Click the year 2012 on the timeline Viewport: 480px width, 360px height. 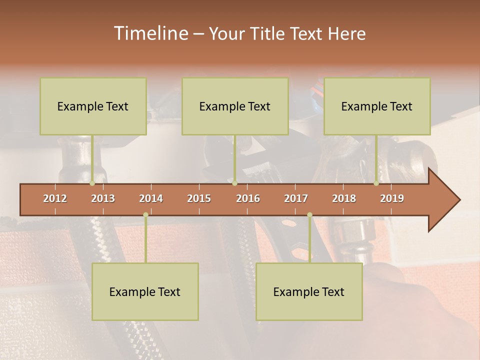pos(55,198)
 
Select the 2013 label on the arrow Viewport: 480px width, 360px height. pos(103,198)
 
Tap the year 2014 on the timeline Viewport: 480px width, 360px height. pos(151,198)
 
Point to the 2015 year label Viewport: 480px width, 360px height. pos(199,198)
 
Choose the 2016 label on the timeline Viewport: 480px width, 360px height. pos(248,198)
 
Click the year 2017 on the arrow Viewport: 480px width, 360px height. pos(296,198)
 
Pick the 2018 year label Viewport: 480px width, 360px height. pos(344,198)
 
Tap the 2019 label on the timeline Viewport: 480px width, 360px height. pos(392,198)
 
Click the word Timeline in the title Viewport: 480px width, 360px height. pos(149,33)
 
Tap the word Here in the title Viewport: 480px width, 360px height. pos(347,34)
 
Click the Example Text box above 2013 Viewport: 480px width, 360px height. pos(93,106)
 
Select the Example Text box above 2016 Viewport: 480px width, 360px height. pos(235,106)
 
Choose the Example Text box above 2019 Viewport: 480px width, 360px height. pos(377,106)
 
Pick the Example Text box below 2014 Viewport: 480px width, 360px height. pos(145,291)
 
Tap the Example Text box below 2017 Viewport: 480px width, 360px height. pos(309,291)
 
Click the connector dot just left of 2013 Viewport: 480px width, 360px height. pos(92,183)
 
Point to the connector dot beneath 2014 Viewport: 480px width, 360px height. pos(145,214)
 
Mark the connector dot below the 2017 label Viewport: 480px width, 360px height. pos(309,214)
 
